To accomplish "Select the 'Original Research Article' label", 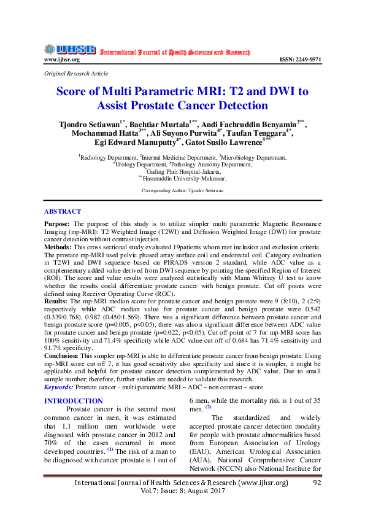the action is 72,73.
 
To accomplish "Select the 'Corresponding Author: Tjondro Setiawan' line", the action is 182,191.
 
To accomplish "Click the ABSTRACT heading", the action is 63,211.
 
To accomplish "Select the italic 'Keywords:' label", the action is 60,387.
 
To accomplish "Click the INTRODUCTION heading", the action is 74,401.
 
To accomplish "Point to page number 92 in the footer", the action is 317,483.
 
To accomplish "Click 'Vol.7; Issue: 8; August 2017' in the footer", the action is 182,493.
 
